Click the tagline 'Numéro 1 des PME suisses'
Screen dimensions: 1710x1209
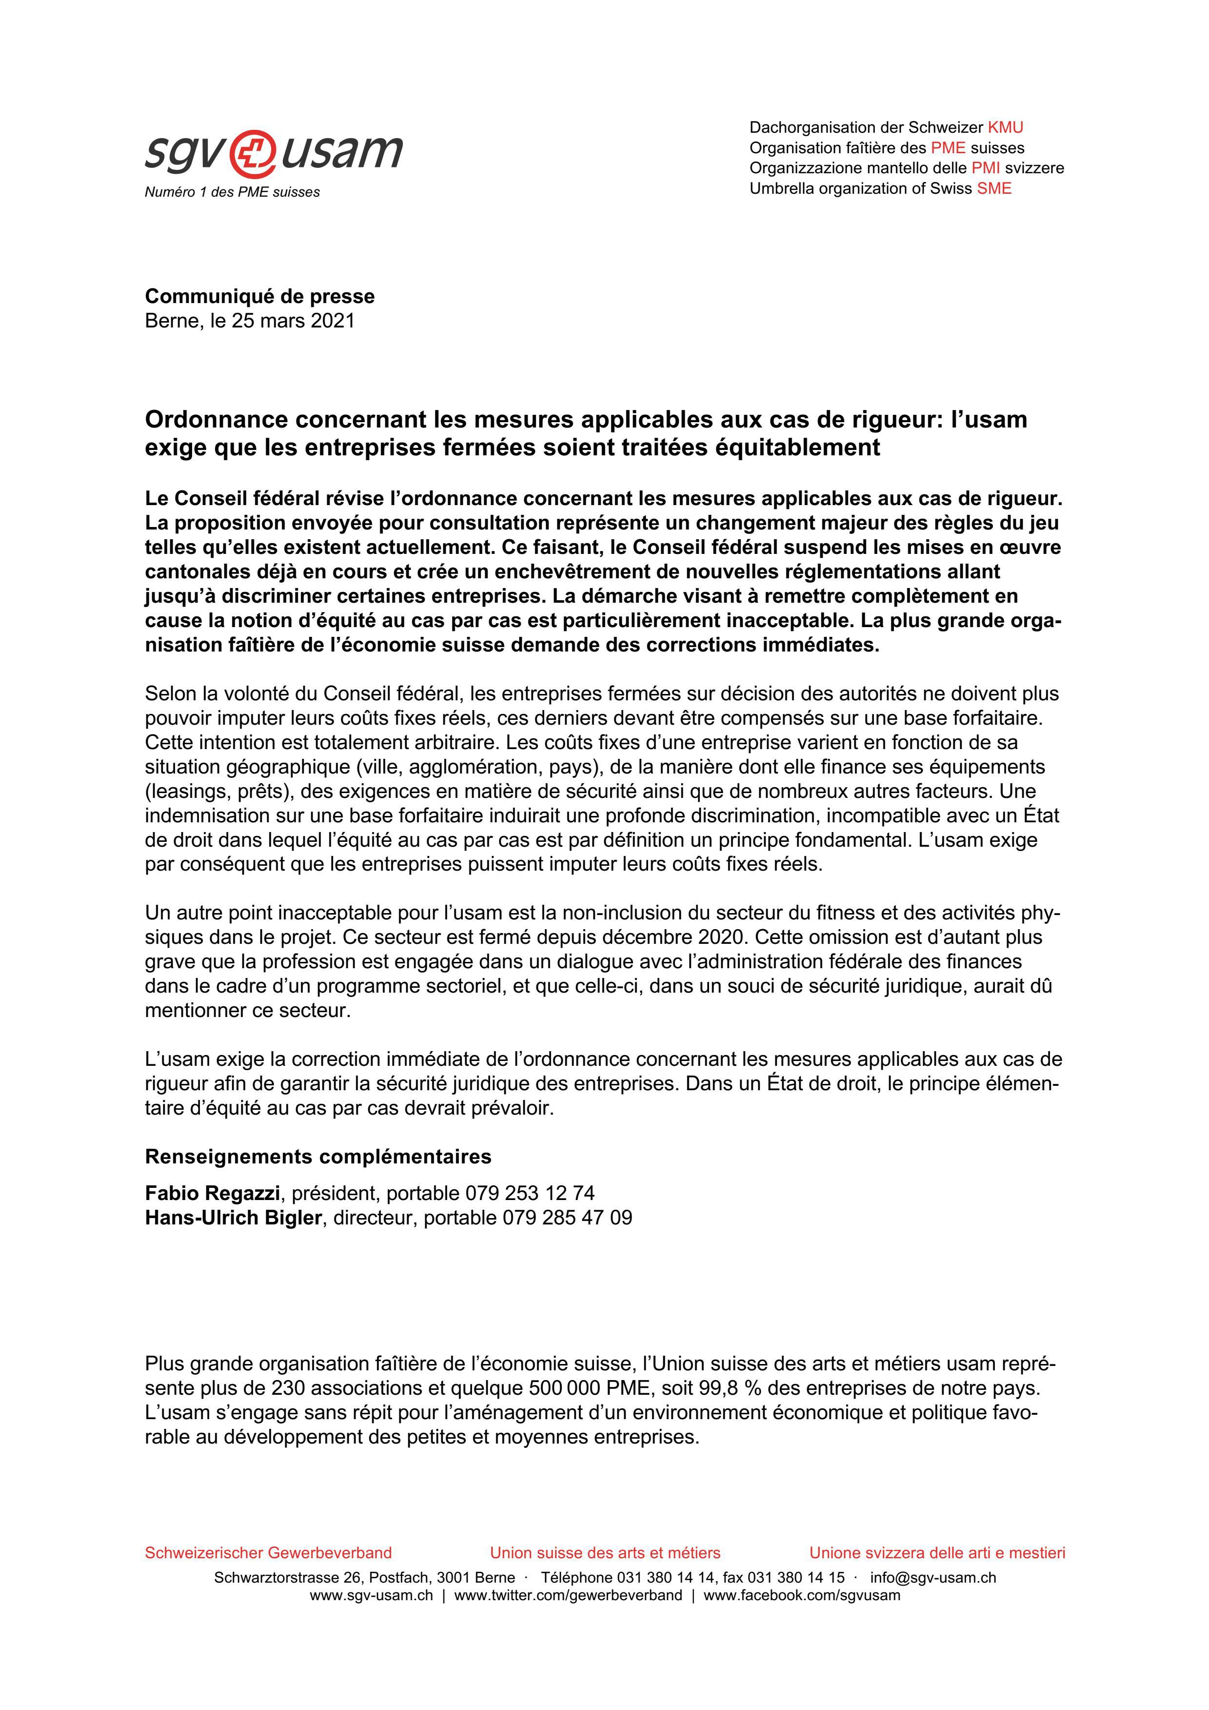click(x=232, y=192)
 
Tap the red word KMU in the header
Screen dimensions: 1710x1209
click(x=1005, y=127)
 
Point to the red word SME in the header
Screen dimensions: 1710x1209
click(x=994, y=188)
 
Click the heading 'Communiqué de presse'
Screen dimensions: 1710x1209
click(x=260, y=296)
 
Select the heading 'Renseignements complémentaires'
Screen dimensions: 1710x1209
click(x=318, y=1157)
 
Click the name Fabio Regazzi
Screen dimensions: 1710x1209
click(x=212, y=1193)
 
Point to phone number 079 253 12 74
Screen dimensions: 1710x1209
click(x=530, y=1193)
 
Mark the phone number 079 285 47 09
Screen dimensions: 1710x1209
click(x=567, y=1218)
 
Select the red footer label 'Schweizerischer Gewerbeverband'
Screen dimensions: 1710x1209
click(x=268, y=1553)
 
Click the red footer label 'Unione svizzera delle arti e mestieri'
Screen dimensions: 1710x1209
click(x=937, y=1553)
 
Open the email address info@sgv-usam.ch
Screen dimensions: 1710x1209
click(x=933, y=1577)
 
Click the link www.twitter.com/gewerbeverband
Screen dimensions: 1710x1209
click(x=568, y=1595)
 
